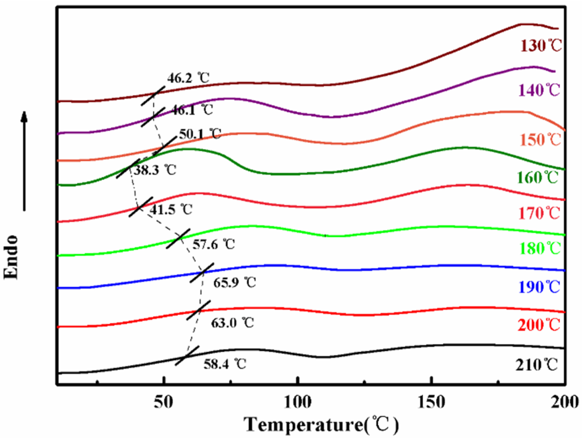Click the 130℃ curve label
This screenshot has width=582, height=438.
541,46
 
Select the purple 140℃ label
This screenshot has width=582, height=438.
539,90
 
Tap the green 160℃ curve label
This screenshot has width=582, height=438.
538,178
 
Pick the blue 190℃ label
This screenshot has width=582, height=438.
539,287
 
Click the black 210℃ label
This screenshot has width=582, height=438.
536,365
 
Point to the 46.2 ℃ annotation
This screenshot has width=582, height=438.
188,78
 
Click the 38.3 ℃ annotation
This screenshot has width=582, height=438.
155,170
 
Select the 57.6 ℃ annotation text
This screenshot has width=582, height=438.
213,245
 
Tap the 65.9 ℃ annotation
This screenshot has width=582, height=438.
234,283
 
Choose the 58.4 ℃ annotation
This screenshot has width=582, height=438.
225,364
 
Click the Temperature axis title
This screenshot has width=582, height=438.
321,424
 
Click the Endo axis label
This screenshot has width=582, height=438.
11,257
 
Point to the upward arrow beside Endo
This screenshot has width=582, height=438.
24,161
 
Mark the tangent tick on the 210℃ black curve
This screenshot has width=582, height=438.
187,356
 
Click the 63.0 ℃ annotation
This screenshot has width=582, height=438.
232,323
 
